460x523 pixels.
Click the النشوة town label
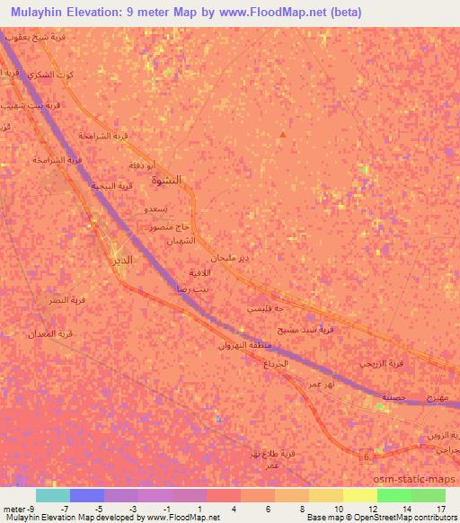168,180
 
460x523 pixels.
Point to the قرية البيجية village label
113,185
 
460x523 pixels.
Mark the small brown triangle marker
283,135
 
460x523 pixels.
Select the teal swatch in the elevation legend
52,495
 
